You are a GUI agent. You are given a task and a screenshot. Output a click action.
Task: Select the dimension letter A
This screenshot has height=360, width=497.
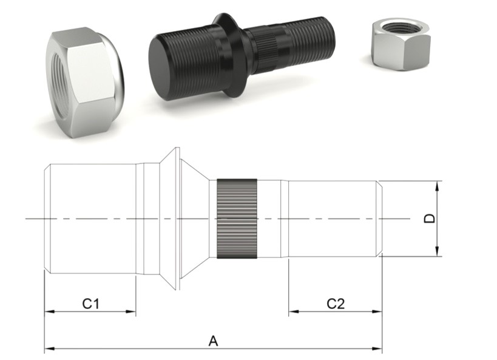(x=213, y=341)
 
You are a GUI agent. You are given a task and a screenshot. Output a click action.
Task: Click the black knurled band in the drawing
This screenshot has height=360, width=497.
(x=237, y=219)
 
